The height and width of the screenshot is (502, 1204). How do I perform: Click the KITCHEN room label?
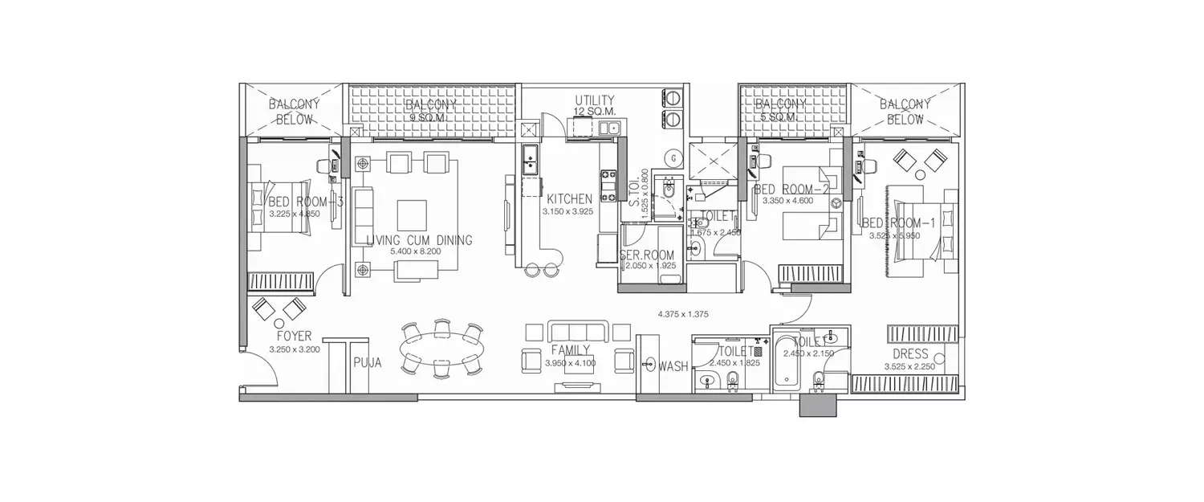pyautogui.click(x=570, y=199)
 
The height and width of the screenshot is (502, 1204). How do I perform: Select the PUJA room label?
pyautogui.click(x=367, y=362)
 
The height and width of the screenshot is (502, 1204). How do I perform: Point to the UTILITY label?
pyautogui.click(x=595, y=100)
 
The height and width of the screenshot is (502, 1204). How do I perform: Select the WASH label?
pyautogui.click(x=673, y=366)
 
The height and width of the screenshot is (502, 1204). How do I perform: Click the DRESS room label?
pyautogui.click(x=910, y=354)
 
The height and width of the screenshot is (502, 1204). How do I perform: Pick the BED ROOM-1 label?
pyautogui.click(x=899, y=223)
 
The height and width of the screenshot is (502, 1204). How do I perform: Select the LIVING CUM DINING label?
pyautogui.click(x=419, y=240)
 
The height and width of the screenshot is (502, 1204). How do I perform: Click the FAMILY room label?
pyautogui.click(x=571, y=350)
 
